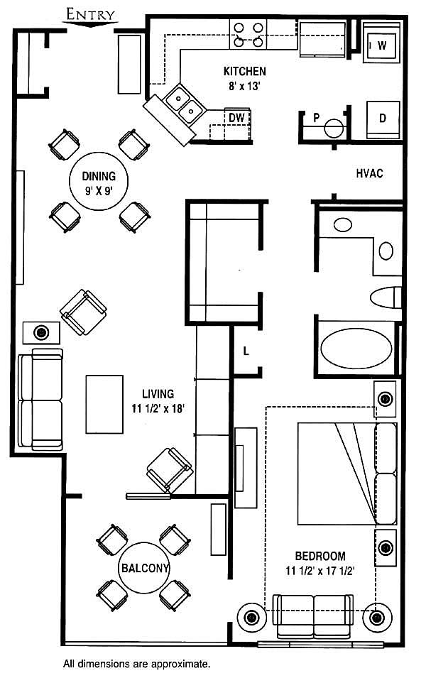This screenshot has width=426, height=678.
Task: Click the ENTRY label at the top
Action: pos(90,15)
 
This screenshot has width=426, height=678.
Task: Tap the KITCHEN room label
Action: pos(244,71)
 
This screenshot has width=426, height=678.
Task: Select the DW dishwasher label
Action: pos(236,118)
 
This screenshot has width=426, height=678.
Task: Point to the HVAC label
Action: pos(369,173)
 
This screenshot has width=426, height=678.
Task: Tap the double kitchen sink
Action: pos(185,104)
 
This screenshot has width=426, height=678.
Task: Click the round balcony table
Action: pos(144,568)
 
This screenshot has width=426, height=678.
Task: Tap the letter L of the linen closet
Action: pos(246,351)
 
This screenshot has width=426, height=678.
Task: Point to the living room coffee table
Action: pos(104,404)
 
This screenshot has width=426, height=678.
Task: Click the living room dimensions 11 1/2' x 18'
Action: pos(158,408)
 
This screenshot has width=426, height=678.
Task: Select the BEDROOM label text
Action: pos(320,556)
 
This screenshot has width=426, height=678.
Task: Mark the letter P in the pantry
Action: pos(316,118)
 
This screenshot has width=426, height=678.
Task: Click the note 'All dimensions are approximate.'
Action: pos(136,663)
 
